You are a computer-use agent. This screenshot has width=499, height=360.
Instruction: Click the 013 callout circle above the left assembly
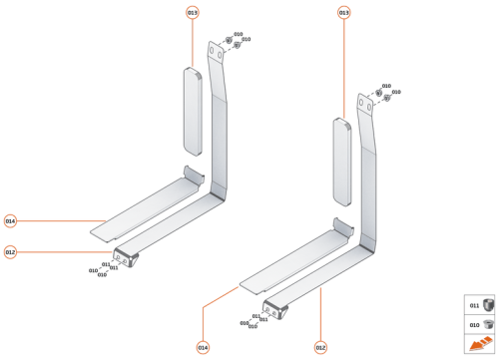[193, 13]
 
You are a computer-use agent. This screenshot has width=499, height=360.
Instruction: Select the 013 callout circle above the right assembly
[344, 13]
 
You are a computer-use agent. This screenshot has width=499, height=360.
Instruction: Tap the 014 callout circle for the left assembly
[10, 220]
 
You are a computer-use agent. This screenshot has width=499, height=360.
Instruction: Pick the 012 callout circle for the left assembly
[10, 252]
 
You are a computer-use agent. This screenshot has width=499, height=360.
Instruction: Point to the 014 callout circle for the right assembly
[203, 347]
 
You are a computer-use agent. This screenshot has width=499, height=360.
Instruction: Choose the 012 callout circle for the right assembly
[320, 347]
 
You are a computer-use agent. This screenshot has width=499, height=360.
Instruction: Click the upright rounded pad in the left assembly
[193, 110]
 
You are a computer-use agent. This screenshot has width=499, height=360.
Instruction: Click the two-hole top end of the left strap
[215, 53]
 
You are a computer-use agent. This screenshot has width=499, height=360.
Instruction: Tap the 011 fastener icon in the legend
[487, 305]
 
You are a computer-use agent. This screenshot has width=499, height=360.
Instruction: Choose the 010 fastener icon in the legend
[487, 324]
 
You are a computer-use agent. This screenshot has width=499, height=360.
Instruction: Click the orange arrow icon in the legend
[480, 344]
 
